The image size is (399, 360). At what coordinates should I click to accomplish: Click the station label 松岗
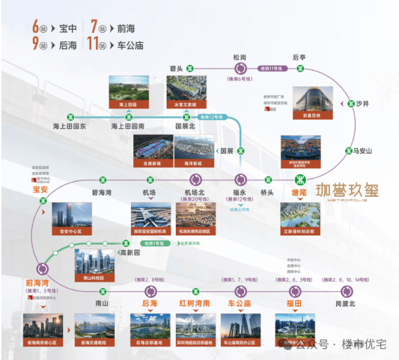(x=240, y=57)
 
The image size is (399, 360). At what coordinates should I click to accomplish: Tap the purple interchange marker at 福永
(x=240, y=179)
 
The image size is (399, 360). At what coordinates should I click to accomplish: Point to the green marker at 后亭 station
(x=300, y=68)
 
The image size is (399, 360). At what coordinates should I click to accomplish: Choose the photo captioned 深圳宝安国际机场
(x=150, y=218)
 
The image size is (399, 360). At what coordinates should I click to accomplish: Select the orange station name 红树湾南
(x=195, y=303)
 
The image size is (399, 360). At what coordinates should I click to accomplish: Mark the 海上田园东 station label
(x=70, y=127)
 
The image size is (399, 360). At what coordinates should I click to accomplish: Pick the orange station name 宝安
(x=41, y=189)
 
